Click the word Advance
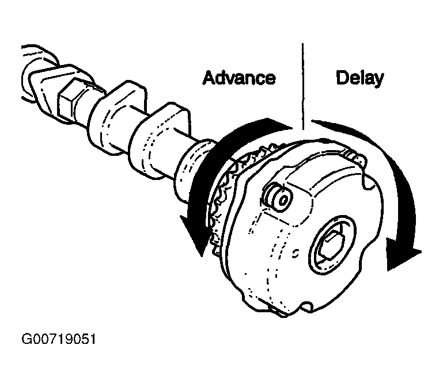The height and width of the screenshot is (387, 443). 238,78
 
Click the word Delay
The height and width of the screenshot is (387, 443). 359,78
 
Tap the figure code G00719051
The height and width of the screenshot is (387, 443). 59,339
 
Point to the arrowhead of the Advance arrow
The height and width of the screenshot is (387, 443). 195,236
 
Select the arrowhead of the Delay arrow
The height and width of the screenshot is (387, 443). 401,254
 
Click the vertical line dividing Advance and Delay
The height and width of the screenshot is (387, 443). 302,86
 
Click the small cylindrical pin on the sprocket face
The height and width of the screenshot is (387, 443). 278,197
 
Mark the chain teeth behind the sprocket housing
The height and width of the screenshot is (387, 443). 226,194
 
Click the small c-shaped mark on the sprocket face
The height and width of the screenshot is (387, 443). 296,253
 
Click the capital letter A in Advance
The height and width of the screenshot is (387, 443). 209,78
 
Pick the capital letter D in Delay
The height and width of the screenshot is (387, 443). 342,78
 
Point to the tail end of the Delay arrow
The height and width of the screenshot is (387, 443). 313,121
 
